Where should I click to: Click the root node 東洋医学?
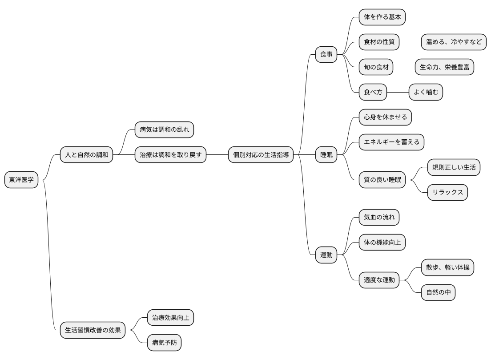pyautogui.click(x=21, y=180)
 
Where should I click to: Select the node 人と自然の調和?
pyautogui.click(x=86, y=155)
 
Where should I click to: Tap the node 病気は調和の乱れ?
pyautogui.click(x=164, y=130)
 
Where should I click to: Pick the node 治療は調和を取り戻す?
pyautogui.click(x=170, y=155)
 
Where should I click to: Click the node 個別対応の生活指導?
pyautogui.click(x=261, y=155)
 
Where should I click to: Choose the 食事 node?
pyautogui.click(x=326, y=55)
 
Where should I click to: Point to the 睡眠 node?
pyautogui.click(x=326, y=155)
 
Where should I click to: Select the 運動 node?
pyautogui.click(x=326, y=255)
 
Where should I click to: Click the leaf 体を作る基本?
pyautogui.click(x=382, y=17)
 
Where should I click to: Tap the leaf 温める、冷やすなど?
pyautogui.click(x=454, y=42)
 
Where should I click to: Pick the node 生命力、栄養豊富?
pyautogui.click(x=444, y=67)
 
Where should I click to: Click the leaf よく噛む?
pyautogui.click(x=426, y=92)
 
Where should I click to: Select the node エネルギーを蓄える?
pyautogui.click(x=391, y=142)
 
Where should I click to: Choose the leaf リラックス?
pyautogui.click(x=447, y=192)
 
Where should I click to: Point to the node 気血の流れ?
pyautogui.click(x=379, y=218)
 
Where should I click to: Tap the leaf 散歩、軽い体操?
pyautogui.click(x=447, y=267)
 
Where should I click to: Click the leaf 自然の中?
pyautogui.click(x=438, y=292)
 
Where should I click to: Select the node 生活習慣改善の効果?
pyautogui.click(x=93, y=330)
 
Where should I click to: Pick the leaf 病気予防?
pyautogui.click(x=164, y=343)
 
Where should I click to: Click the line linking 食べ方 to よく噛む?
pyautogui.click(x=398, y=92)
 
